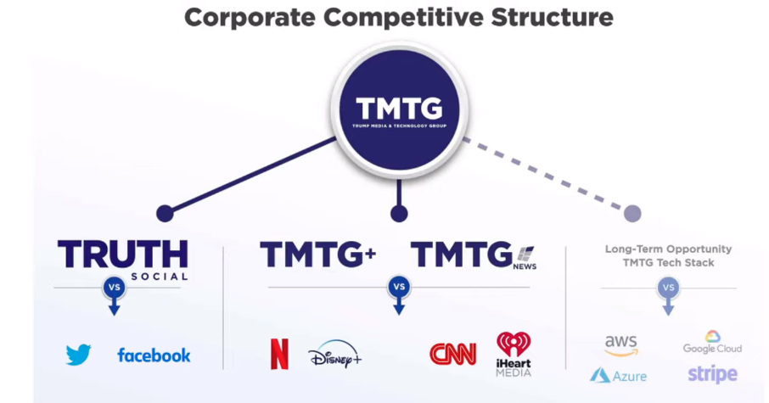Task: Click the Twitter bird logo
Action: (79, 355)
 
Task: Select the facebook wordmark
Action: (154, 355)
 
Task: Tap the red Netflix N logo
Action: (279, 354)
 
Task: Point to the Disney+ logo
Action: (334, 355)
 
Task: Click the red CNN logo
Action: (452, 354)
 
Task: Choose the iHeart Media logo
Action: (514, 354)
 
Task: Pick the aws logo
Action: (621, 344)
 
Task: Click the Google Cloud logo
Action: (712, 343)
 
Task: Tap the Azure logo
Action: (618, 375)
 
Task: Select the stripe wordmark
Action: (712, 374)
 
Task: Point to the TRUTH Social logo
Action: (123, 258)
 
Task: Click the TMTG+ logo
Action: (317, 255)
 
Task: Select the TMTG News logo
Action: (474, 255)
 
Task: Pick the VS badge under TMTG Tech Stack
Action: (668, 288)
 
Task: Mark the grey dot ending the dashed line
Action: (631, 213)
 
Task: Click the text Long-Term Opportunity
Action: (668, 249)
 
